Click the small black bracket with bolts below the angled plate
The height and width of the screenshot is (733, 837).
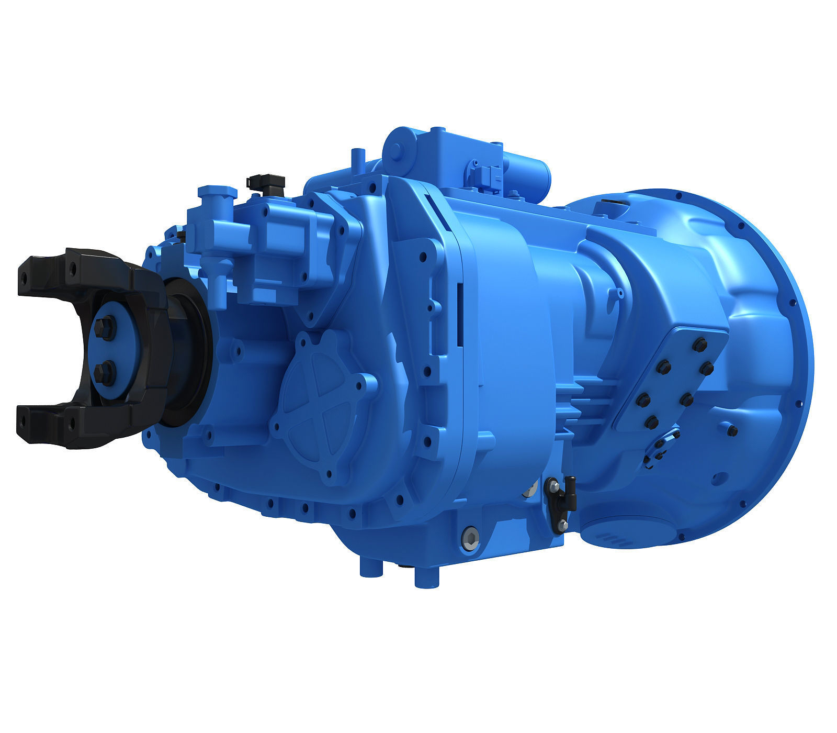[x=661, y=448]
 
